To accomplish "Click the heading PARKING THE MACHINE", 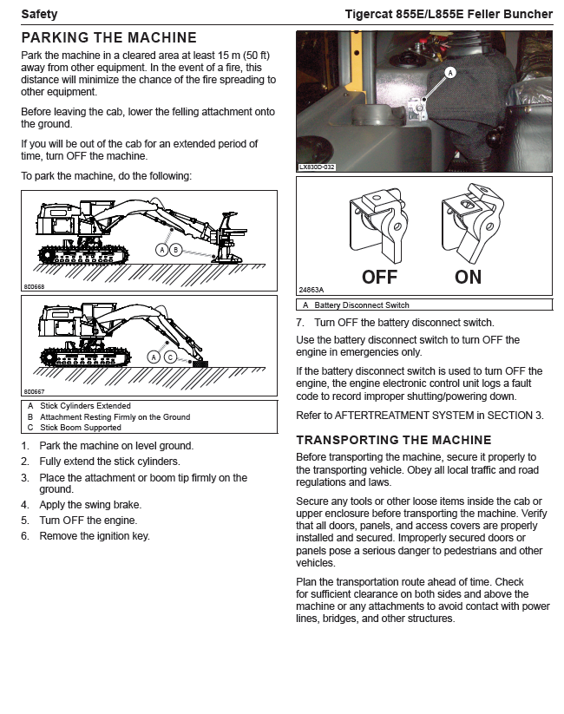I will coord(108,38).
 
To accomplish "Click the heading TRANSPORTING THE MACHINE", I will coord(394,440).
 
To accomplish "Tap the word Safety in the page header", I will coord(39,14).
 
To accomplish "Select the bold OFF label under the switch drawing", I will coord(379,278).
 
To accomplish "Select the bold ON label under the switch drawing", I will coord(469,278).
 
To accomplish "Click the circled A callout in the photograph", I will coord(450,73).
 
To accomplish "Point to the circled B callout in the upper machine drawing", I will coord(176,250).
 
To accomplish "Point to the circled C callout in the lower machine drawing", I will coord(171,357).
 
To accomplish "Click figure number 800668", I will coord(34,285).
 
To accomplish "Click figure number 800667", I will coord(34,392).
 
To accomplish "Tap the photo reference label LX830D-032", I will coord(316,167).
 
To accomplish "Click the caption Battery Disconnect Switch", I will coord(362,305).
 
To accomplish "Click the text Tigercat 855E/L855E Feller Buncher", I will coord(448,14).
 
